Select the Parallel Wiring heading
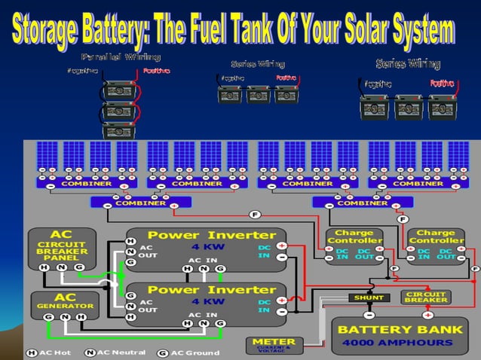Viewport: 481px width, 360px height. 120,57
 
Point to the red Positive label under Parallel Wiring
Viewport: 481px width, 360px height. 156,71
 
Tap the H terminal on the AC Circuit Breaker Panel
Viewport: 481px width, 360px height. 44,267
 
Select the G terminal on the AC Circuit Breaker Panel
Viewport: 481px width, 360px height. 80,267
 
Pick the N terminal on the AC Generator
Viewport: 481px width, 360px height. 65,317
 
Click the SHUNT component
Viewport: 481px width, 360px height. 369,297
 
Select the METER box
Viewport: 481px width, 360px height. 274,345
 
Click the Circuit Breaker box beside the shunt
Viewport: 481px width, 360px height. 427,297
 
